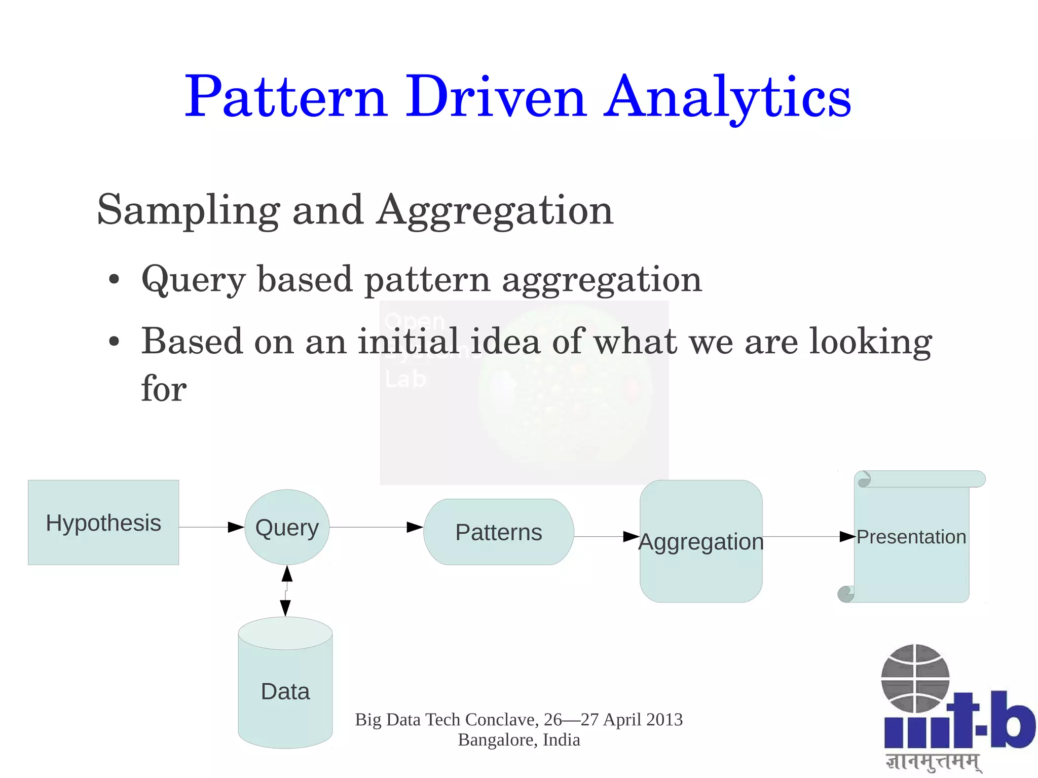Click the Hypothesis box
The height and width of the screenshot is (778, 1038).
pyautogui.click(x=103, y=523)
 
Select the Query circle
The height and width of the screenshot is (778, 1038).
pyautogui.click(x=287, y=528)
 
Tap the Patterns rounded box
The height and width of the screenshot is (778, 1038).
pyautogui.click(x=499, y=532)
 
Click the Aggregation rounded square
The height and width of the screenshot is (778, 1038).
pyautogui.click(x=701, y=541)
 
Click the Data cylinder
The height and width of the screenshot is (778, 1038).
pyautogui.click(x=285, y=691)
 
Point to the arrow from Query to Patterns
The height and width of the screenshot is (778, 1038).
pyautogui.click(x=375, y=527)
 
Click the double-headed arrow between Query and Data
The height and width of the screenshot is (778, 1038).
pyautogui.click(x=286, y=591)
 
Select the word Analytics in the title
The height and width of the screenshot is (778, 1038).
pyautogui.click(x=727, y=97)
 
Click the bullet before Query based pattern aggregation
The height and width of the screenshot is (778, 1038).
pyautogui.click(x=115, y=280)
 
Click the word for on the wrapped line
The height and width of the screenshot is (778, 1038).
pyautogui.click(x=164, y=388)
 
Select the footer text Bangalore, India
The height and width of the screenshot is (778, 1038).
pyautogui.click(x=518, y=740)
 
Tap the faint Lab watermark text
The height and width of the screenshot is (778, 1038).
pyautogui.click(x=405, y=379)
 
